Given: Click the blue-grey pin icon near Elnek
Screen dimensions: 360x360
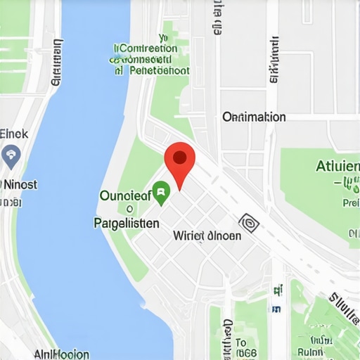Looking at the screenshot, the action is [x=11, y=155].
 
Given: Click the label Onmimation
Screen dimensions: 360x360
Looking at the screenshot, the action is [x=254, y=117].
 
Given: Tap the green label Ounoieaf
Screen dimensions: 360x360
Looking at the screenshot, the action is [x=126, y=196].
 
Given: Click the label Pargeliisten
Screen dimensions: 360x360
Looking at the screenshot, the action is [x=126, y=223].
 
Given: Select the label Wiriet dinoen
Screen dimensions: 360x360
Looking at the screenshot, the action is [x=207, y=236].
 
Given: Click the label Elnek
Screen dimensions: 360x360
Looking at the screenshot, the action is [x=14, y=134].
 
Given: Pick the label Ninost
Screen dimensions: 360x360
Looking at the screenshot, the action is [x=20, y=184].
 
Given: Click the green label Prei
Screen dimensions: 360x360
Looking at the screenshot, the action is [x=350, y=202].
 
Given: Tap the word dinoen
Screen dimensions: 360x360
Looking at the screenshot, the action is [x=223, y=236].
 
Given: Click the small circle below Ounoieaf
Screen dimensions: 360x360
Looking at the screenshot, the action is [x=129, y=209].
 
